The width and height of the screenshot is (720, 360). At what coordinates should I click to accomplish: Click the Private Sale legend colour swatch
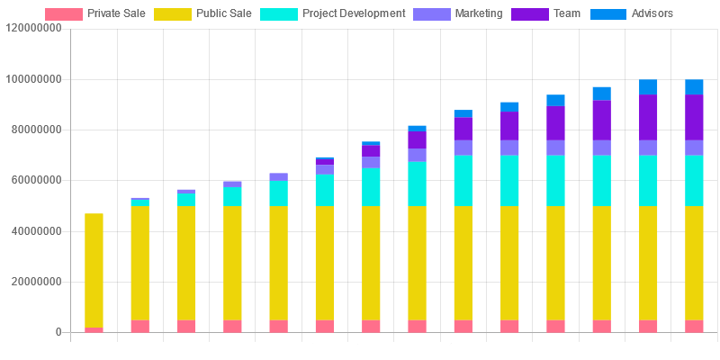(64, 14)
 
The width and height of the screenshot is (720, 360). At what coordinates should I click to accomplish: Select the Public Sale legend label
(223, 14)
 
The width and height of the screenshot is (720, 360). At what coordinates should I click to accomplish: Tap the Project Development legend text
(354, 14)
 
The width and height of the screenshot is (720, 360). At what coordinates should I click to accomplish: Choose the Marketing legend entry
(479, 14)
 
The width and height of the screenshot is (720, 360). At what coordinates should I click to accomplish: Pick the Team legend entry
(567, 14)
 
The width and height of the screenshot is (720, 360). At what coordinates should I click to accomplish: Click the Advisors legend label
(652, 14)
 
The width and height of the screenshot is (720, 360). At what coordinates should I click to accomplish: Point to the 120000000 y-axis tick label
(33, 28)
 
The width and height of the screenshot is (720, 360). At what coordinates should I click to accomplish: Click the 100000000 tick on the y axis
(33, 79)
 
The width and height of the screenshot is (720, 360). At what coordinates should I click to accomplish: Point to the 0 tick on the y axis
(58, 332)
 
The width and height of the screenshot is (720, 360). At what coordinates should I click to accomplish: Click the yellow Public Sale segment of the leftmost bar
(94, 270)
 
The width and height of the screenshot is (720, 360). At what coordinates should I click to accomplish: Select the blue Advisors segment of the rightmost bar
(694, 86)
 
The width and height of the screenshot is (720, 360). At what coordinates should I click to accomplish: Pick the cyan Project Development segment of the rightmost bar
(694, 181)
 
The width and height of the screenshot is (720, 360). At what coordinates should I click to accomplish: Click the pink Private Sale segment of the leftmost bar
(94, 329)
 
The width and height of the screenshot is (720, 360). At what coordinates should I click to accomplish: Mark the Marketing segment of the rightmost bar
(694, 148)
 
